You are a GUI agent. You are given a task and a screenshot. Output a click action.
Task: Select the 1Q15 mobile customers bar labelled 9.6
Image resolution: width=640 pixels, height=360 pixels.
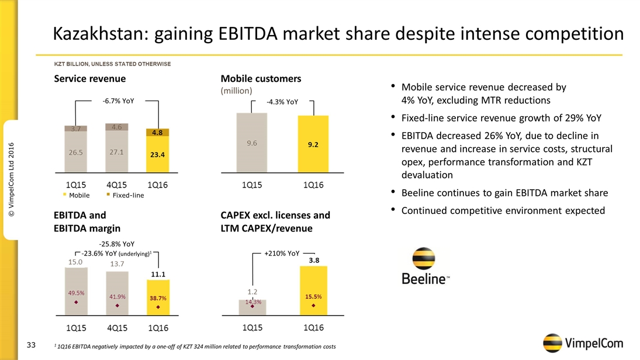251,143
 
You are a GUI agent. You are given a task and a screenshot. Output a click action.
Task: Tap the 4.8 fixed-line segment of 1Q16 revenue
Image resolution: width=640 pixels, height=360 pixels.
157,133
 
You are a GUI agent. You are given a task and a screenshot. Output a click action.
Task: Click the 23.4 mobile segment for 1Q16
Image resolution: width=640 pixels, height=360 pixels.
157,154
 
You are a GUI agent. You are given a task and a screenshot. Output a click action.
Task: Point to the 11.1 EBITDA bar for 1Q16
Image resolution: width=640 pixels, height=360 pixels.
157,298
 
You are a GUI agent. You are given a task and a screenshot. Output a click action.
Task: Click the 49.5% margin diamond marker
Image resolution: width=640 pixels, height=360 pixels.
76,303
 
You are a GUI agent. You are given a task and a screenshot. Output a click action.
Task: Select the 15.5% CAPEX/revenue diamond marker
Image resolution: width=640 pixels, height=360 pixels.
314,305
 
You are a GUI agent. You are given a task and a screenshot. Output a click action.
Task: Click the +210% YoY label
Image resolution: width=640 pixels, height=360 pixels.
282,254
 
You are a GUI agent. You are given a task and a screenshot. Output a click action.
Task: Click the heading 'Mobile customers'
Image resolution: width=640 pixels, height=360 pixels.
261,78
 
